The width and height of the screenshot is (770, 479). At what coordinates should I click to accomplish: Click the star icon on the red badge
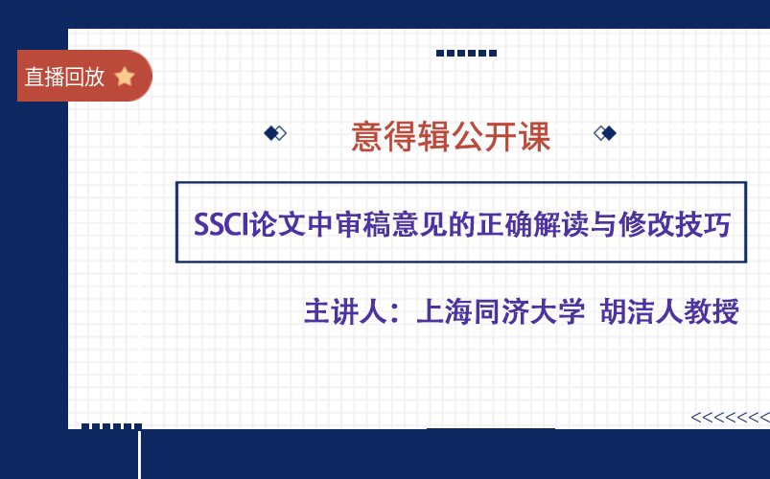click(x=124, y=77)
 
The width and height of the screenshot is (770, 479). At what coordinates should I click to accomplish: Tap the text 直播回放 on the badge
click(x=64, y=77)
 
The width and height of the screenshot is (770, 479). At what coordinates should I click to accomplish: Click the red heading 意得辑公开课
click(x=451, y=137)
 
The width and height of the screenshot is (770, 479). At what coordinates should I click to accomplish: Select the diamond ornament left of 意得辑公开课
click(x=275, y=133)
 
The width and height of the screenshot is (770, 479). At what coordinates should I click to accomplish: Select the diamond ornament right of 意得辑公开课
click(x=605, y=133)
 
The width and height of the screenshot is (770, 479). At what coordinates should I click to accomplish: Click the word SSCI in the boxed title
click(x=221, y=226)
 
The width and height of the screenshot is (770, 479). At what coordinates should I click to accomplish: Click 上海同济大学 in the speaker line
click(x=500, y=312)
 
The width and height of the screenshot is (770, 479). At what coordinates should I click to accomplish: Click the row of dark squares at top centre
click(x=466, y=53)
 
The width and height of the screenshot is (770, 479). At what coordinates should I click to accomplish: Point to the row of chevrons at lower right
click(x=730, y=417)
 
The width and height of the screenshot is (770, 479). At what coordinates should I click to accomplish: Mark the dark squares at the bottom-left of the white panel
click(x=111, y=426)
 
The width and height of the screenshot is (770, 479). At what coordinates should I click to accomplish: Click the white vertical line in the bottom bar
click(x=140, y=455)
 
